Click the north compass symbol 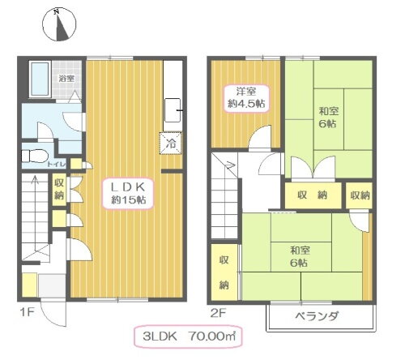[x=56, y=25]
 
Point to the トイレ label [x=58, y=163]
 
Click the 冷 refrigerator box [x=172, y=142]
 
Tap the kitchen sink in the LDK [x=174, y=107]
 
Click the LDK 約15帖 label [x=128, y=193]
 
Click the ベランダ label [x=318, y=315]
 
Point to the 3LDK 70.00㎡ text [x=189, y=336]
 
